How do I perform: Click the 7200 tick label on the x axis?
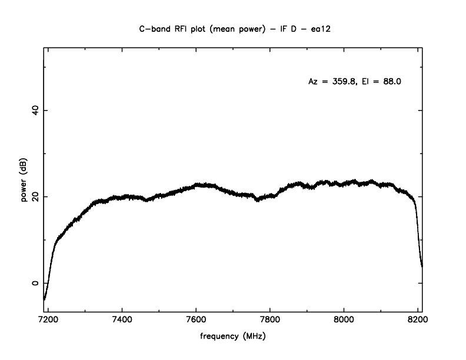coord(48,323)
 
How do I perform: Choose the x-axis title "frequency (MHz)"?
coord(233,339)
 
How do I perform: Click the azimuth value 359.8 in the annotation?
coord(343,82)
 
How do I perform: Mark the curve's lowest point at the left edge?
coord(44,299)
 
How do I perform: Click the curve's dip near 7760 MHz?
coord(257,200)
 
